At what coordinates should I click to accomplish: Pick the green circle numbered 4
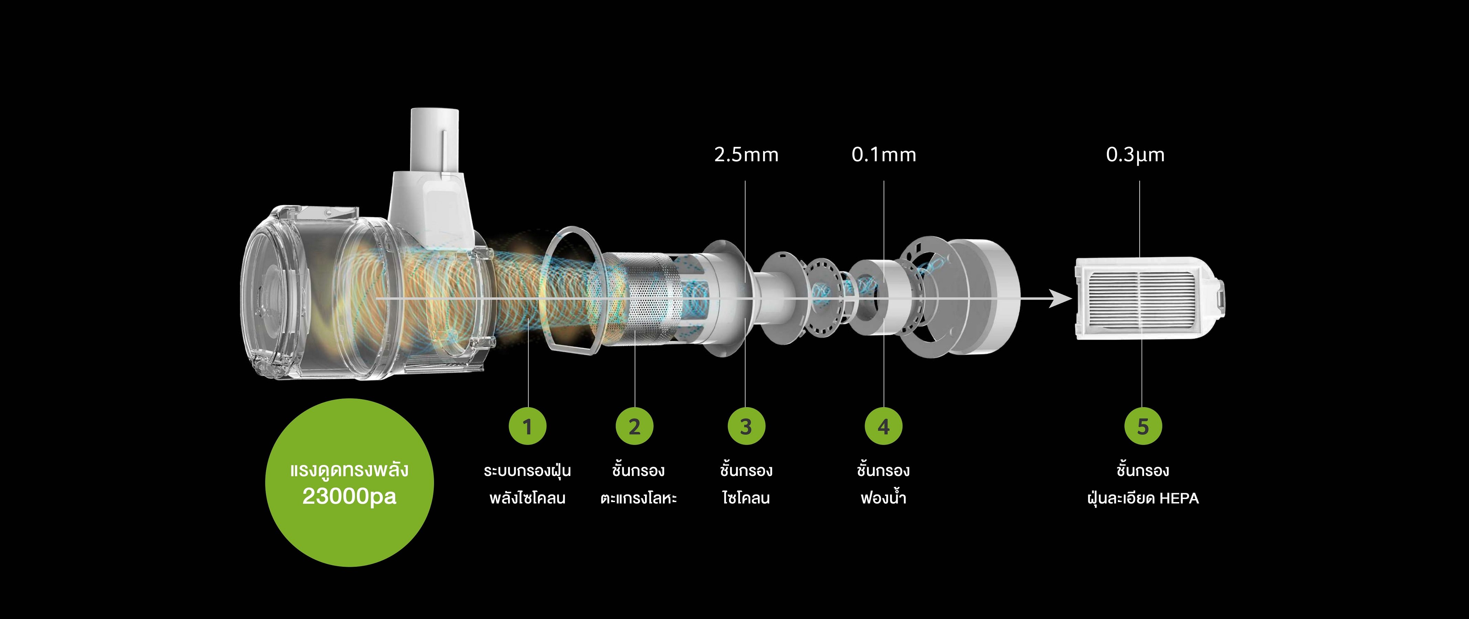[883, 426]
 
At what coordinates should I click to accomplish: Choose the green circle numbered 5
[1143, 426]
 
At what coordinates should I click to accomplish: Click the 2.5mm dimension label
[746, 154]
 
